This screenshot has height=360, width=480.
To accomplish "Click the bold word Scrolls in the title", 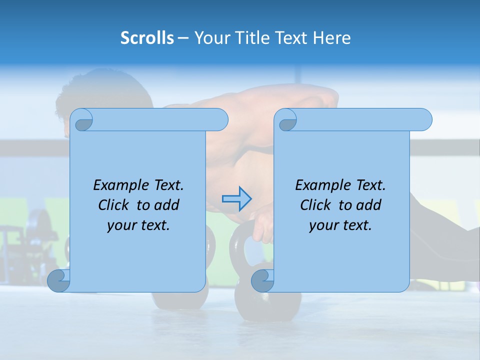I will (147, 38).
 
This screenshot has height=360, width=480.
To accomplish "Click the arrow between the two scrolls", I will (237, 199).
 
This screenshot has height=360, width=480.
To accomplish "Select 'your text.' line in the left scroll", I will (138, 225).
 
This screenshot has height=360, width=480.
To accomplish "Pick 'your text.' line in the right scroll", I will (340, 225).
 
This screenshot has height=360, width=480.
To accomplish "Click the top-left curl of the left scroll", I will (82, 120).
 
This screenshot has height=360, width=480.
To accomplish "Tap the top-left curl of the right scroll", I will (286, 120).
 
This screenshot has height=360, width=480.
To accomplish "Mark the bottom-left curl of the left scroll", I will (58, 280).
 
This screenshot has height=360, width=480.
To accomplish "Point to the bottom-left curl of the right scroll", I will (262, 280).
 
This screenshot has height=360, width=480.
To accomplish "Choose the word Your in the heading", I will (209, 38).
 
